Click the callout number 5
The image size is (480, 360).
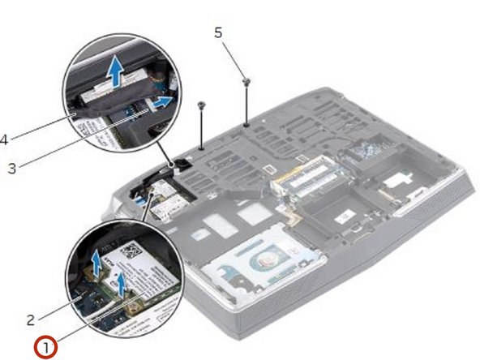click(x=217, y=32)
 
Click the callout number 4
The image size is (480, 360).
click(x=4, y=139)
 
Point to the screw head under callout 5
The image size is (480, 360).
click(x=246, y=81)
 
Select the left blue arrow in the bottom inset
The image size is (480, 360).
click(x=97, y=262)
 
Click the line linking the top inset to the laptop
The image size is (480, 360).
click(x=162, y=151)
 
